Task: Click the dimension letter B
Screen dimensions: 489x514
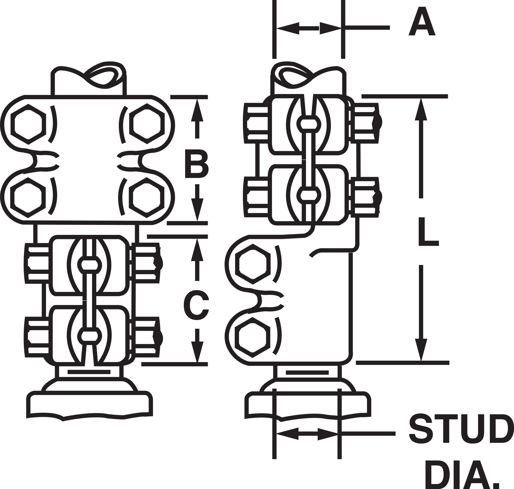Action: (197, 164)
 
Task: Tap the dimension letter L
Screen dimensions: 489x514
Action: (428, 232)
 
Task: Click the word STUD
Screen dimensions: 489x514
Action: (458, 429)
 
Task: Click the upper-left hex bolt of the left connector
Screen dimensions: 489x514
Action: (28, 124)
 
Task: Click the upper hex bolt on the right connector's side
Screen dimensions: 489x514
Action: (253, 264)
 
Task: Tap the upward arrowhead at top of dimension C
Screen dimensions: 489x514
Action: (197, 250)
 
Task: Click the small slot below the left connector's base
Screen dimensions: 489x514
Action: (89, 372)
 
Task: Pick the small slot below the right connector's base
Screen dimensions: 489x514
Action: (307, 373)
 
